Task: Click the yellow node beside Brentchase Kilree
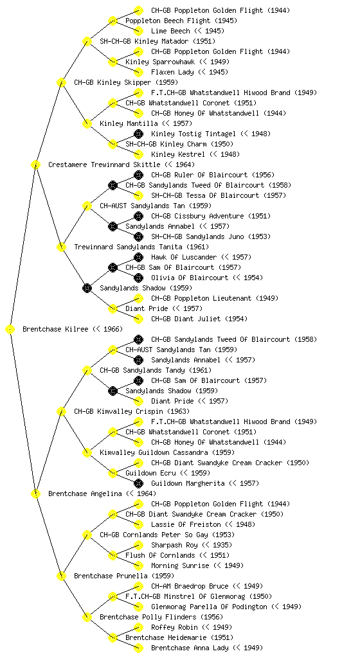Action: click(10, 330)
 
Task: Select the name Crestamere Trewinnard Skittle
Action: click(104, 164)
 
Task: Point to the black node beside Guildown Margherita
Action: click(138, 483)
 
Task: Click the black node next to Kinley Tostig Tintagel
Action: click(138, 134)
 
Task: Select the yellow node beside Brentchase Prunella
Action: click(61, 576)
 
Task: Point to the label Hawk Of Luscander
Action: click(184, 257)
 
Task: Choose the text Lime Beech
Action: click(170, 31)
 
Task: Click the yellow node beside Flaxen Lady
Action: click(138, 72)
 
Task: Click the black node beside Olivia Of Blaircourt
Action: click(138, 278)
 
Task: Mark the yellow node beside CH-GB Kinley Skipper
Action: click(61, 82)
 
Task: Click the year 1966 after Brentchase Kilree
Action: click(111, 329)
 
